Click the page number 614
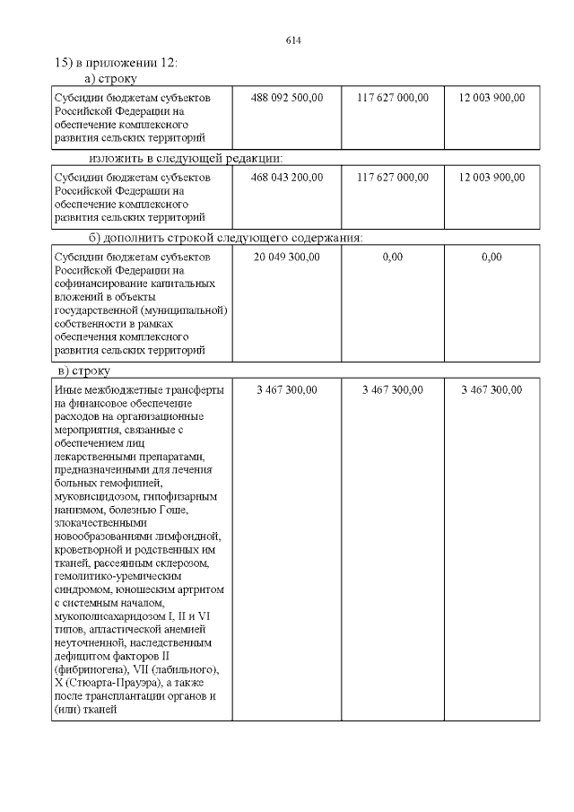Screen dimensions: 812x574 (x=292, y=40)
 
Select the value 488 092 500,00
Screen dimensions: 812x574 (x=286, y=97)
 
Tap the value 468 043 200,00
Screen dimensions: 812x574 (x=286, y=177)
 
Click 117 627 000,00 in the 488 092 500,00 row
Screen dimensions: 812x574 (x=392, y=97)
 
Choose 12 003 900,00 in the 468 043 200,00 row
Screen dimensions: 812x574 (x=491, y=177)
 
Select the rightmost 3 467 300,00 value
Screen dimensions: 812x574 (x=491, y=389)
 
